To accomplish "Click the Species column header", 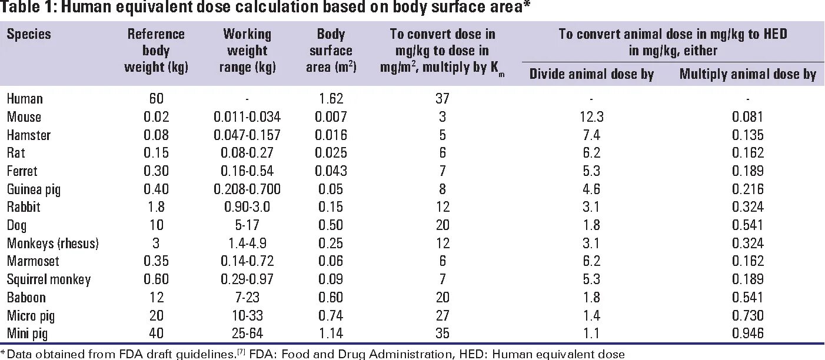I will click(x=29, y=34).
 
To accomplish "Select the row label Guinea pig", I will click(x=34, y=189).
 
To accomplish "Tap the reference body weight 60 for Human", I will click(x=156, y=99).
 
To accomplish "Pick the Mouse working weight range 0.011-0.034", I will click(x=247, y=117).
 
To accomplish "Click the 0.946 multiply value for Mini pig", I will click(x=748, y=334).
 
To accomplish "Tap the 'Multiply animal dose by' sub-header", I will click(x=748, y=74).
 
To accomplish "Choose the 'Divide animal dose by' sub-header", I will click(x=591, y=74).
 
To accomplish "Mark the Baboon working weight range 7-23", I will click(x=247, y=298).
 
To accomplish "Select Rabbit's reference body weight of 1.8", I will click(x=156, y=207).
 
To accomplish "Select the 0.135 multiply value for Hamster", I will click(x=748, y=135).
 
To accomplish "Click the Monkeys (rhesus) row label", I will click(x=53, y=244).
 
